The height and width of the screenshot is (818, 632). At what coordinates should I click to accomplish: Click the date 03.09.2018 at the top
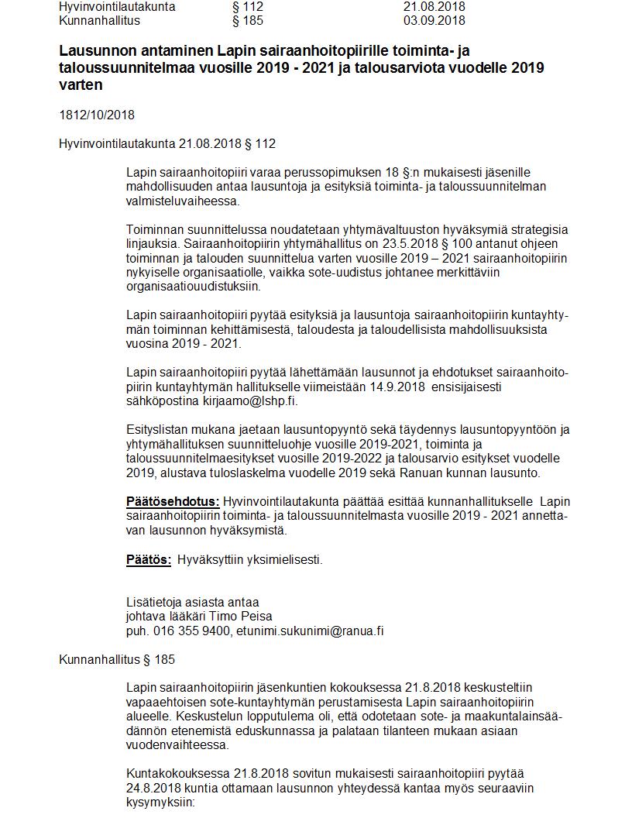click(x=434, y=20)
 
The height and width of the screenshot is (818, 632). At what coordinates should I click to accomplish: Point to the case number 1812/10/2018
click(x=97, y=115)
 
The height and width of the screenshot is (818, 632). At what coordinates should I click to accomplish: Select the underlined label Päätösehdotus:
click(x=173, y=501)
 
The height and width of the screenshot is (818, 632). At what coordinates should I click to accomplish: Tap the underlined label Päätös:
click(x=149, y=559)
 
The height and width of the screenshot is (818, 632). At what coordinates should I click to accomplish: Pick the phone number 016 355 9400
click(x=191, y=631)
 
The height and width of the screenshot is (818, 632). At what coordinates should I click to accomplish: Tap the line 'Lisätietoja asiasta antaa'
click(x=192, y=602)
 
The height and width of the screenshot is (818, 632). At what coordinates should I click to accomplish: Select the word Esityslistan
click(x=159, y=430)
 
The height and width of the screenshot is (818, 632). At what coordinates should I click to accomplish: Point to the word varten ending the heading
click(x=81, y=85)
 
